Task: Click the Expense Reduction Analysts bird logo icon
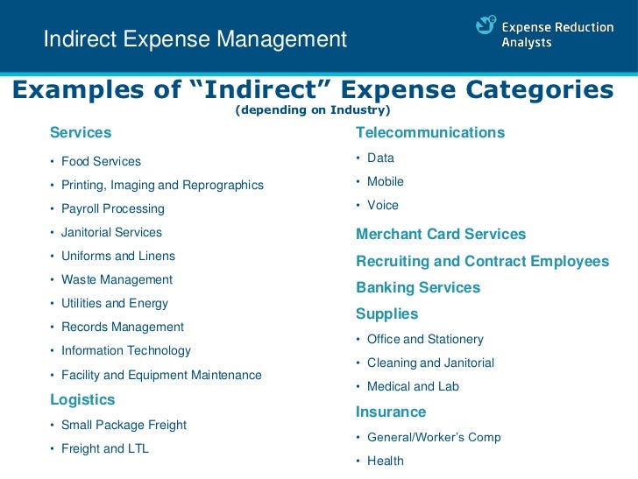[x=486, y=26]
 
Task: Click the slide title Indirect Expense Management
[x=195, y=39]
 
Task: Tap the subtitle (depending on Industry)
[x=313, y=110]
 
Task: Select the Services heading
[x=81, y=133]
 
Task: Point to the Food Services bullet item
[x=101, y=161]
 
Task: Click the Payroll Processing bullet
[x=112, y=208]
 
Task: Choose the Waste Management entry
[x=117, y=279]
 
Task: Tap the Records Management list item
[x=122, y=327]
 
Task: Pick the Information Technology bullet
[x=125, y=350]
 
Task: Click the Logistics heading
[x=82, y=399]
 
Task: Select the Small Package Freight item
[x=124, y=425]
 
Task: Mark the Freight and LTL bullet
[x=105, y=448]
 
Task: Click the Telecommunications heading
[x=430, y=133]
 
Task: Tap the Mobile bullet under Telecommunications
[x=386, y=181]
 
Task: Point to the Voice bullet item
[x=383, y=205]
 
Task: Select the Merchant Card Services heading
[x=441, y=235]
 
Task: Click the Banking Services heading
[x=418, y=287]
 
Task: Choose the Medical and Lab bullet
[x=413, y=386]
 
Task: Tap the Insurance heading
[x=391, y=412]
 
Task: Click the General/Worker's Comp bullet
[x=434, y=437]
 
